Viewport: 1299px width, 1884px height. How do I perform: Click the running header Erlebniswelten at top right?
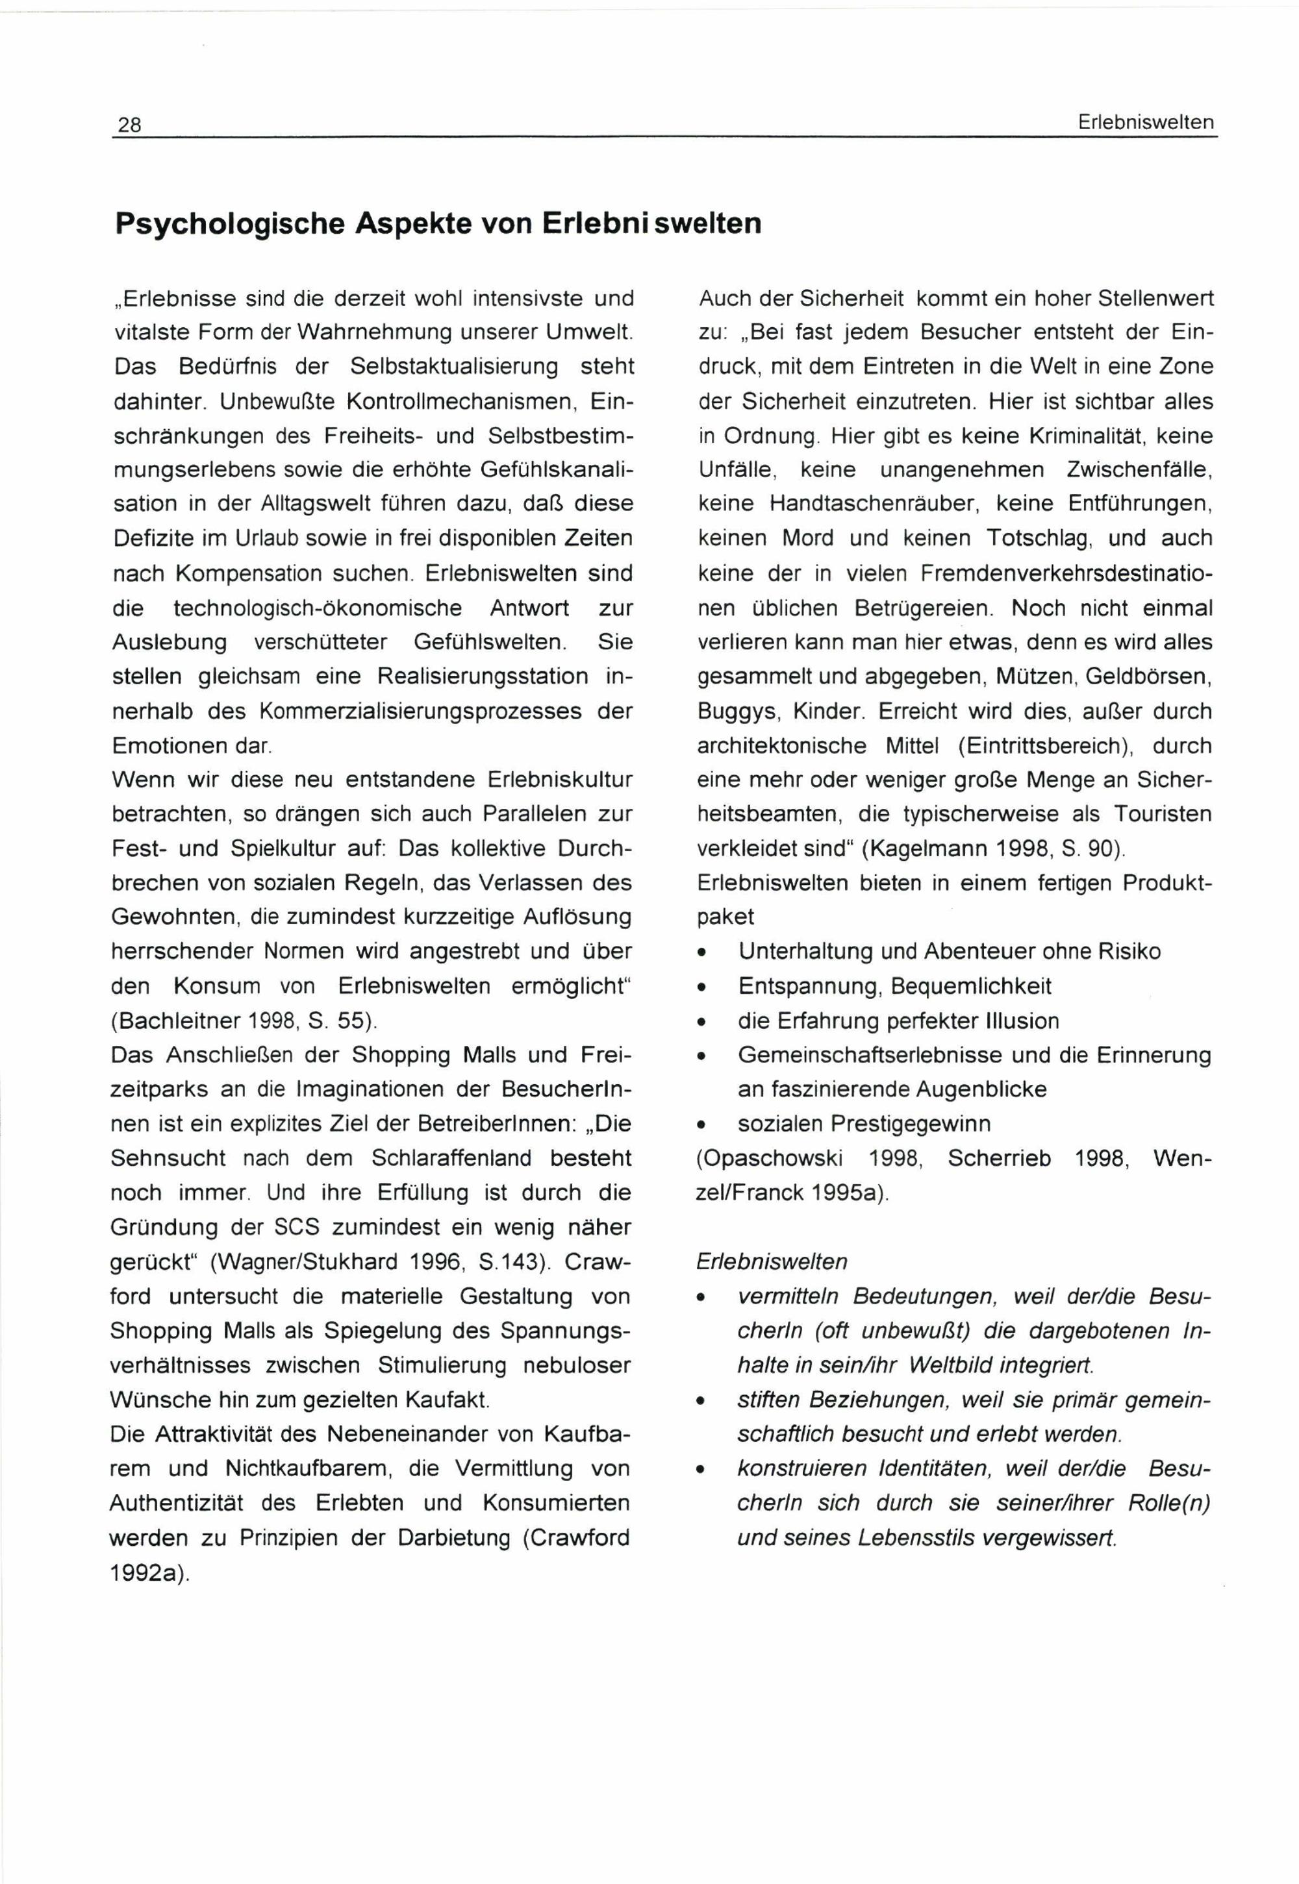(1145, 123)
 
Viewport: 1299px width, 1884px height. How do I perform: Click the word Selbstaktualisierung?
(454, 367)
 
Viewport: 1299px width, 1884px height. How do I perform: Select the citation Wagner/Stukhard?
(294, 1261)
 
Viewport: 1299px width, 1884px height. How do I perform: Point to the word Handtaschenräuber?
(868, 504)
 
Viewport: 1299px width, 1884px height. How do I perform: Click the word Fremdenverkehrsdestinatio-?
(1067, 573)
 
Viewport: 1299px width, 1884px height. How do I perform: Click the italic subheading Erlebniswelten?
(772, 1261)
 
